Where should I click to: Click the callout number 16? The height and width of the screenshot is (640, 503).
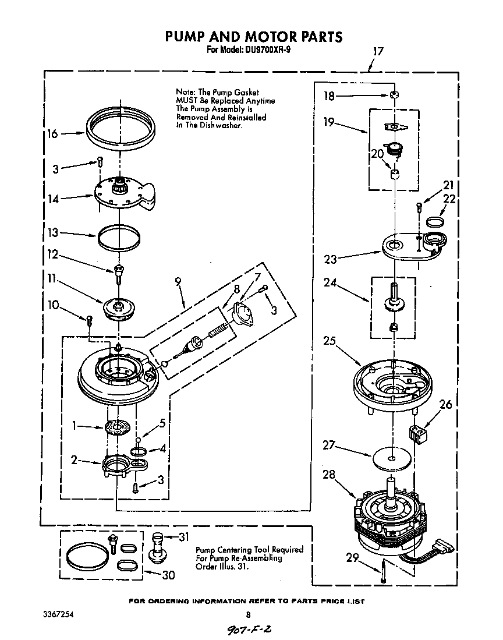[52, 133]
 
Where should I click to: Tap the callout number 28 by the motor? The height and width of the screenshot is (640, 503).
[329, 475]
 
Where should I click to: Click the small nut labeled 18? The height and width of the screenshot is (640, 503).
[394, 95]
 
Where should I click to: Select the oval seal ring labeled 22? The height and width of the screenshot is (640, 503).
[434, 221]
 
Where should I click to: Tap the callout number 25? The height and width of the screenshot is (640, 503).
[330, 341]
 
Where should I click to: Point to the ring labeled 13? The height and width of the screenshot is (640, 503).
[119, 238]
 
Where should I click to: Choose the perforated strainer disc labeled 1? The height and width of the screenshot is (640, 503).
[118, 428]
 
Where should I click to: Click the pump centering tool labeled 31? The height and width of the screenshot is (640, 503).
[158, 547]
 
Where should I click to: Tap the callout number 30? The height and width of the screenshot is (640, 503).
[168, 575]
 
